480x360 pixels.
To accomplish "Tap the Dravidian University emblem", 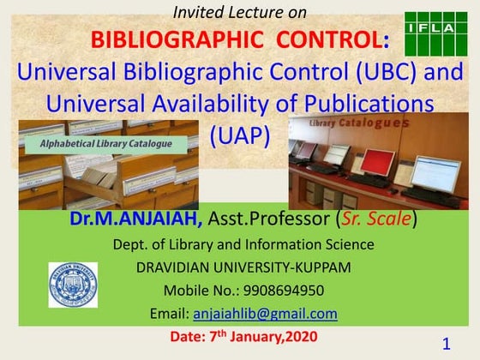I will point(73,285).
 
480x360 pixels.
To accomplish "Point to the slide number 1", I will point(447,344).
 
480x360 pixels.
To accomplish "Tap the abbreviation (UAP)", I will point(240,135).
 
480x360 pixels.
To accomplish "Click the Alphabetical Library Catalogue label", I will point(106,143).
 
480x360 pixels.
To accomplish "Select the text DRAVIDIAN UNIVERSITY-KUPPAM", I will point(243,267).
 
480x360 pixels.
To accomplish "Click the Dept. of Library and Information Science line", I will point(243,244).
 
